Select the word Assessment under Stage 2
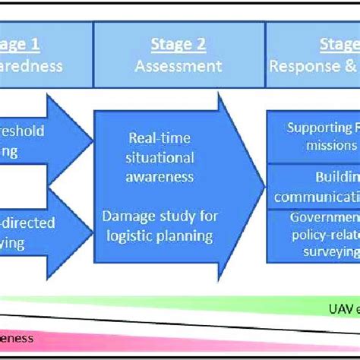point(179,66)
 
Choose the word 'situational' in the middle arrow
point(160,157)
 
